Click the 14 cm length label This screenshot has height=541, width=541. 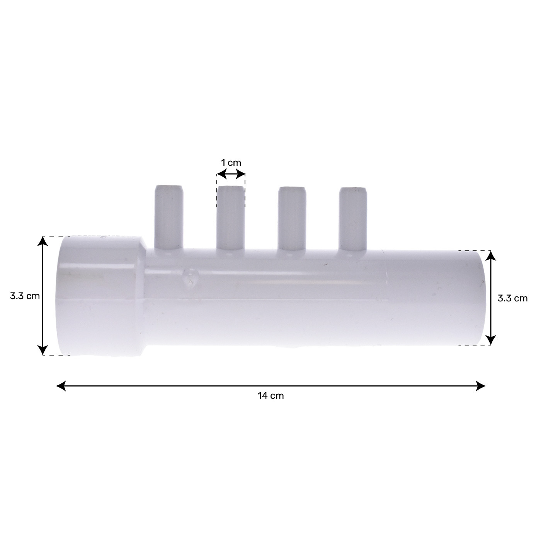(270, 396)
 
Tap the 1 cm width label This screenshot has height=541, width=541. (231, 163)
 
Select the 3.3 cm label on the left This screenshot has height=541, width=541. (25, 296)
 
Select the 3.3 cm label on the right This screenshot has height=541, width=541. (513, 298)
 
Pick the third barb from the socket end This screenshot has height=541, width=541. (292, 219)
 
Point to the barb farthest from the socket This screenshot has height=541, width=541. (353, 219)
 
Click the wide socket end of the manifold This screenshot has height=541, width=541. (101, 296)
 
